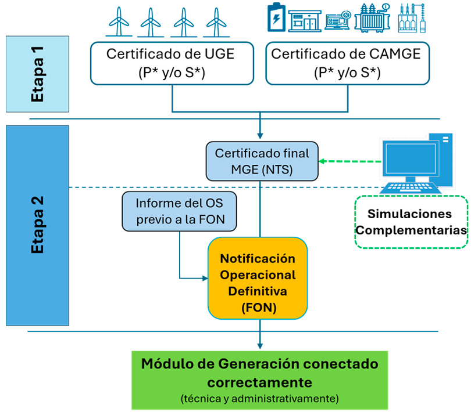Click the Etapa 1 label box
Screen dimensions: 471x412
click(x=38, y=74)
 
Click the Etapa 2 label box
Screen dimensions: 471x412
click(x=38, y=226)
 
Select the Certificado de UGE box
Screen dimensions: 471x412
click(x=172, y=63)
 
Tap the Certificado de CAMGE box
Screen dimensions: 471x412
click(x=348, y=63)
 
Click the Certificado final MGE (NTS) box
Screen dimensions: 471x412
click(x=262, y=161)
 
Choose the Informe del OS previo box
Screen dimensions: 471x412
click(x=179, y=211)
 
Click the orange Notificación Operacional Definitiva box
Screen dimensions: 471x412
click(x=258, y=279)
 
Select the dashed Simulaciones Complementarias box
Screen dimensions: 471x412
click(x=411, y=222)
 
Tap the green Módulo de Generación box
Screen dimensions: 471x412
click(x=260, y=380)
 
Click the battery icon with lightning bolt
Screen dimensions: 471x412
click(x=276, y=17)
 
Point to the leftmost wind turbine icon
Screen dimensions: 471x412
click(x=119, y=21)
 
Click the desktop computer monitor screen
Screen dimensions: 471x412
click(x=411, y=158)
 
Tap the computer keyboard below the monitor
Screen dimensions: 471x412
click(x=410, y=187)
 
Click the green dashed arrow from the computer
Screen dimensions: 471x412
click(x=349, y=161)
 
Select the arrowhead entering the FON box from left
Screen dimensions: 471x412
click(x=205, y=279)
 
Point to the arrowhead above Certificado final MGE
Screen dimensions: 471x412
click(x=260, y=136)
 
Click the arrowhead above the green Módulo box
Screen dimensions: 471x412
click(x=260, y=346)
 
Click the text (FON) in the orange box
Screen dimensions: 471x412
click(x=259, y=308)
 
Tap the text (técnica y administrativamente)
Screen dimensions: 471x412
click(x=260, y=399)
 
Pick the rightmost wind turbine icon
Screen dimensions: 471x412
click(x=216, y=21)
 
